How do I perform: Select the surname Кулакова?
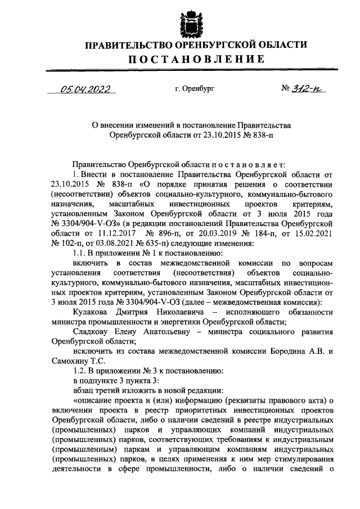pos(93,312)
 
